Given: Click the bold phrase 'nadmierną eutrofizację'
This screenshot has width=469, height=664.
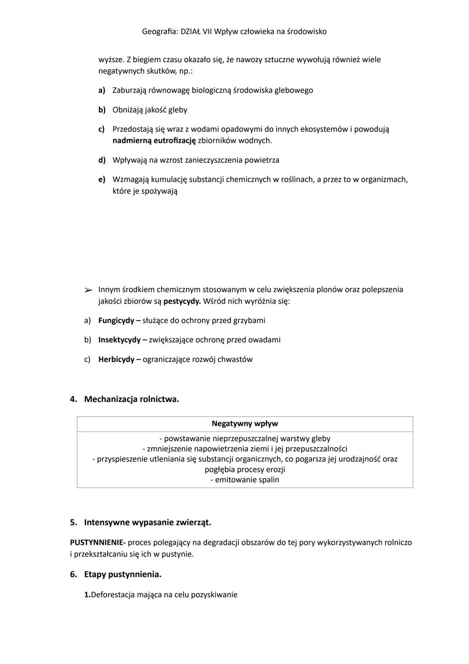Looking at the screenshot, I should (x=154, y=141).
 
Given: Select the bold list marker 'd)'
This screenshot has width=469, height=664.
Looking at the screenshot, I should (x=102, y=160).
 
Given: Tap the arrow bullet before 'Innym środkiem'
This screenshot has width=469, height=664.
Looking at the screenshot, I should (x=88, y=290).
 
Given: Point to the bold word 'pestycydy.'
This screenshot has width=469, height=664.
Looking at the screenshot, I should (x=182, y=301).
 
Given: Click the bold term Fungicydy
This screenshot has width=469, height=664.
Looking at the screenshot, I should (x=116, y=321).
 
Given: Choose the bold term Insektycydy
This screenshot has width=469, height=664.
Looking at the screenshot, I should (x=119, y=340).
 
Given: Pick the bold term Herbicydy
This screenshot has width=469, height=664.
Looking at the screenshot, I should (x=116, y=359).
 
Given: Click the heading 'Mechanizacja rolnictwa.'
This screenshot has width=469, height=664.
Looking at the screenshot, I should (x=131, y=399).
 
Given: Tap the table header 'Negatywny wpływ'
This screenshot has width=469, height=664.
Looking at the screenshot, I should (x=244, y=424).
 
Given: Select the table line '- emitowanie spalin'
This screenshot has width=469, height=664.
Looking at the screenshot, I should (x=244, y=480).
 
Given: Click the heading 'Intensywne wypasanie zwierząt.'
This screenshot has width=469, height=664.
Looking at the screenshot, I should (x=148, y=522).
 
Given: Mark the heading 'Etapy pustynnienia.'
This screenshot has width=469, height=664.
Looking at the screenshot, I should (x=122, y=574).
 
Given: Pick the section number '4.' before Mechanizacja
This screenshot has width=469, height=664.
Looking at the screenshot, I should (x=73, y=399).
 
